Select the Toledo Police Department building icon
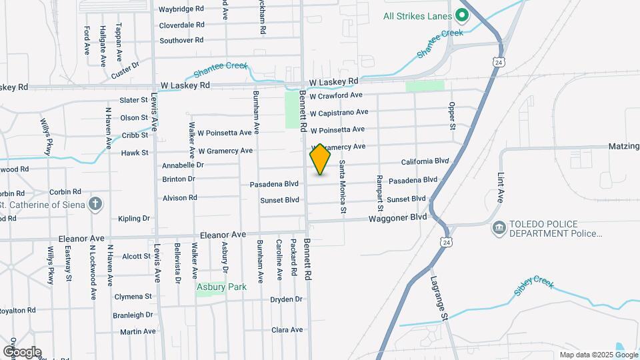click(x=499, y=229)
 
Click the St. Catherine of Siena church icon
click(x=95, y=204)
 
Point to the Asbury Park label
click(x=221, y=287)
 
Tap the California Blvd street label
click(x=425, y=162)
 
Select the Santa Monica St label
click(x=343, y=187)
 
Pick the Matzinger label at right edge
click(x=623, y=146)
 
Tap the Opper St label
click(x=451, y=115)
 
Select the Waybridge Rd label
click(x=181, y=9)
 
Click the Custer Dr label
click(x=125, y=70)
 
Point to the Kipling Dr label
click(x=134, y=218)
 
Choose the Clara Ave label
click(x=287, y=330)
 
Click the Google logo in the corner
click(x=22, y=352)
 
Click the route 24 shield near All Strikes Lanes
click(x=499, y=62)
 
